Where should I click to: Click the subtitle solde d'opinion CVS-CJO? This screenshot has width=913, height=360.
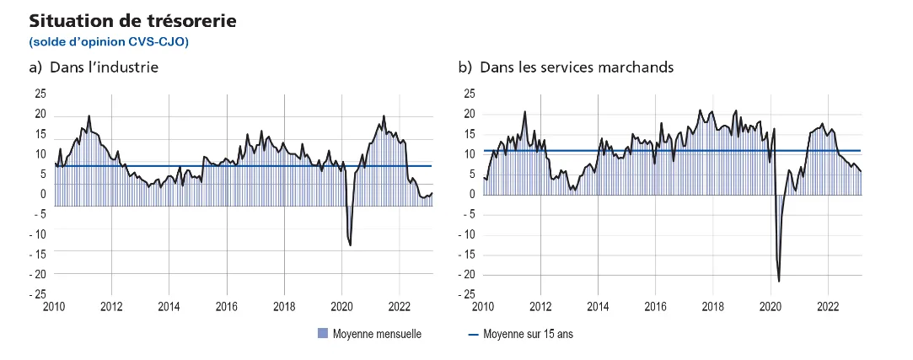click(x=109, y=40)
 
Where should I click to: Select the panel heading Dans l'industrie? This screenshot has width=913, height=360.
click(x=94, y=67)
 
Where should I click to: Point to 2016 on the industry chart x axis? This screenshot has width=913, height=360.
click(x=227, y=306)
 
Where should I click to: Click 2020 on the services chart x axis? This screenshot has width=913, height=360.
click(x=771, y=306)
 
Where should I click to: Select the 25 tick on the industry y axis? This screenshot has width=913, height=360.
click(x=40, y=94)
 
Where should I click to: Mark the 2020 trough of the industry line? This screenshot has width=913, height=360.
click(x=350, y=245)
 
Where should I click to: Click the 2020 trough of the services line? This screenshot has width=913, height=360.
click(x=779, y=282)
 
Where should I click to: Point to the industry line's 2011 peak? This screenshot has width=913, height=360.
click(x=89, y=116)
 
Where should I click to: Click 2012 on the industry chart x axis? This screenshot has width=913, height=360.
click(x=111, y=306)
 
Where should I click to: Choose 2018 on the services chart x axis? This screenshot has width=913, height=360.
click(x=713, y=306)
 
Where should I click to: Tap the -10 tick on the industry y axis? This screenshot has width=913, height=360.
click(x=39, y=234)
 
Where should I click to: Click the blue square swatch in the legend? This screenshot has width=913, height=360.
click(x=321, y=334)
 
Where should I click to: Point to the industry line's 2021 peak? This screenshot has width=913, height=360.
click(x=384, y=116)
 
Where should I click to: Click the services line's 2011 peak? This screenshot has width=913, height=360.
click(x=524, y=111)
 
